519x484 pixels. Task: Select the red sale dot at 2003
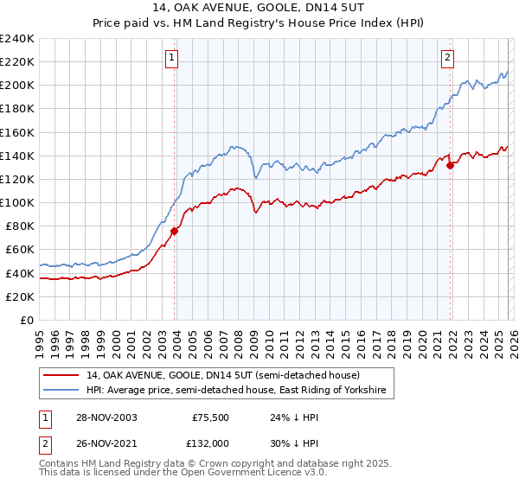[175, 231]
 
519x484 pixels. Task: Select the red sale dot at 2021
[450, 165]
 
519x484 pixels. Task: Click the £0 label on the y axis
[26, 320]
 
